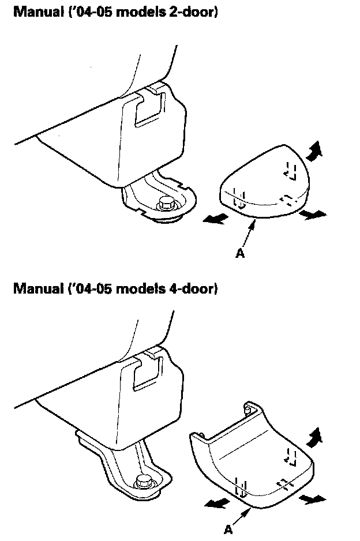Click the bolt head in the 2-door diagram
pyautogui.click(x=166, y=202)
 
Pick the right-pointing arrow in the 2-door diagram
pyautogui.click(x=314, y=215)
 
